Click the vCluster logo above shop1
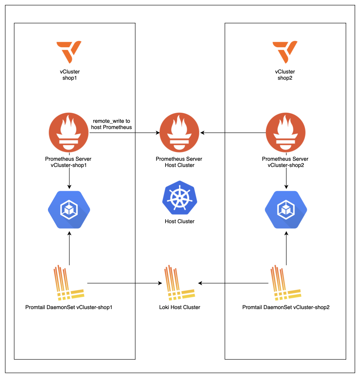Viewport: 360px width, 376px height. point(69,52)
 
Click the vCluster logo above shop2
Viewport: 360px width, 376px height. point(285,52)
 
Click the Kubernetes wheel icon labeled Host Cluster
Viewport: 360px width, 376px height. point(179,198)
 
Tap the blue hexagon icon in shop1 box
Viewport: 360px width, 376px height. point(69,210)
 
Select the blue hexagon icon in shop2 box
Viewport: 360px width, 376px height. point(286,210)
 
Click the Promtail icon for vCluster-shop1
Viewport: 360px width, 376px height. point(69,283)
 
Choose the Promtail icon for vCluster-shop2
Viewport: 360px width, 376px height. point(286,283)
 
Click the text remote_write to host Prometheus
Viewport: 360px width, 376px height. point(111,124)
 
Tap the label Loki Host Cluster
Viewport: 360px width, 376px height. point(180,307)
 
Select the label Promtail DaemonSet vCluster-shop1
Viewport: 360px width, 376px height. point(69,307)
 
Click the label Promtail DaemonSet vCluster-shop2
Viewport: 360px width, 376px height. point(286,307)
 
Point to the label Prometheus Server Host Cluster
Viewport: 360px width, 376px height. point(179,162)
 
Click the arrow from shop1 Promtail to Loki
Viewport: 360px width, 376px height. point(124,283)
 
